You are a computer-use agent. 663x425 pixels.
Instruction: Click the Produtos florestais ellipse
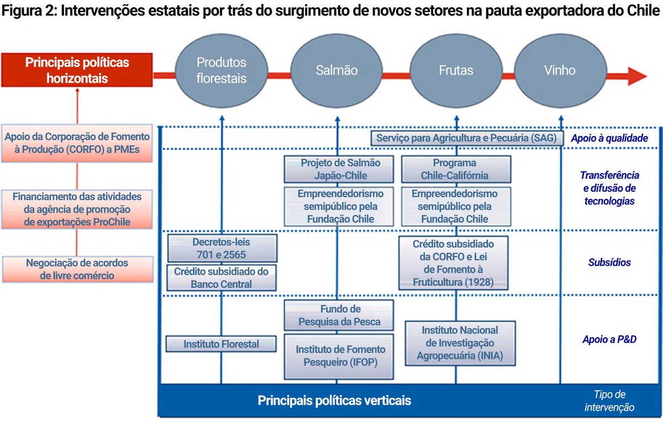[x=222, y=70]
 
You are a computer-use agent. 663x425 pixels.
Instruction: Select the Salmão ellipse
[x=336, y=70]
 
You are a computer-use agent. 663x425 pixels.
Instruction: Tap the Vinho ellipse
[x=560, y=70]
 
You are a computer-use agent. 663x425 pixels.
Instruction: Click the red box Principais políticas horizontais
[x=77, y=70]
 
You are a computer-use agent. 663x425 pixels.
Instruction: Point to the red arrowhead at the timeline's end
[x=636, y=76]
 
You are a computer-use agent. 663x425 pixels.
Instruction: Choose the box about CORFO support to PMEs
[x=77, y=143]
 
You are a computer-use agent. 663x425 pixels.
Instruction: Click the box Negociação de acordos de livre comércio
[x=77, y=269]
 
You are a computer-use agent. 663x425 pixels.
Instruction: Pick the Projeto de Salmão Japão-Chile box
[x=340, y=169]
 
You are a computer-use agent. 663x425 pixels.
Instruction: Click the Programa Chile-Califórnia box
[x=455, y=169]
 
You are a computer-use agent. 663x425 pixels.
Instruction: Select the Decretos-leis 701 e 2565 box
[x=221, y=248]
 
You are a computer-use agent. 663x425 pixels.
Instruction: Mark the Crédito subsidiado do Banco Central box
[x=221, y=278]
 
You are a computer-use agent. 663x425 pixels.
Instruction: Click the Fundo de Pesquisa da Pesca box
[x=339, y=316]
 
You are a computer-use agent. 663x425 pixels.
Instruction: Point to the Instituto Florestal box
[x=221, y=344]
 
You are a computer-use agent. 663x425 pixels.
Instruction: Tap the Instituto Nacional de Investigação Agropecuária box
[x=460, y=343]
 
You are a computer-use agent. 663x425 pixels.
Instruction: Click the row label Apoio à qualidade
[x=609, y=138]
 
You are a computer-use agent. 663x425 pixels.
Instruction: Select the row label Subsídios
[x=609, y=263]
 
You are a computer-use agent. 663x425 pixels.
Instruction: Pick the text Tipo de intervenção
[x=609, y=401]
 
